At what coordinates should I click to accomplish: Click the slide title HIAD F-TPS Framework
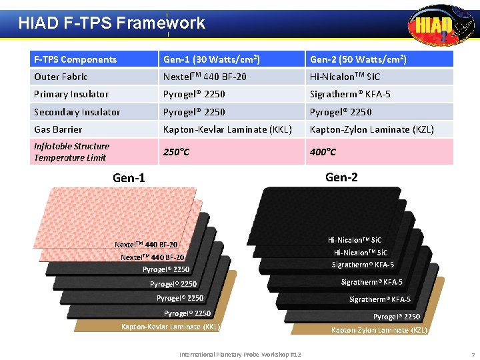click(x=111, y=23)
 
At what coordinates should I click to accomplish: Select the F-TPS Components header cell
click(x=75, y=59)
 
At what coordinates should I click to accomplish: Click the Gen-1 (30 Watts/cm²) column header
click(x=212, y=59)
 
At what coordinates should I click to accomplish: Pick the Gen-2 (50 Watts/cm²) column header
click(x=358, y=59)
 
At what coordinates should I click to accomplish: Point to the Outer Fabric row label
click(x=61, y=77)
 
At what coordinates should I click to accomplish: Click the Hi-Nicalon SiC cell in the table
click(x=345, y=77)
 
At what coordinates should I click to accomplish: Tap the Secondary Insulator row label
click(x=77, y=112)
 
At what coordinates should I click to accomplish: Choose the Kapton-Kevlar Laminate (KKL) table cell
click(x=227, y=129)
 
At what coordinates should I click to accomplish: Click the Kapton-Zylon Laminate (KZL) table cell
click(x=371, y=129)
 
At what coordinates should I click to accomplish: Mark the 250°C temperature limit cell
click(x=177, y=152)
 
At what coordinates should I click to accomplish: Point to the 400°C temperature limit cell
click(x=323, y=152)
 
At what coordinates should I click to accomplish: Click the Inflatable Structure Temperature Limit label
click(x=71, y=152)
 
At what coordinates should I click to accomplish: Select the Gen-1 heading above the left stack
click(x=129, y=177)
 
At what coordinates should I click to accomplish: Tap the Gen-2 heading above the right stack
click(x=341, y=177)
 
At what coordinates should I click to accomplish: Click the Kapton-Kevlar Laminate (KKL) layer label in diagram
click(x=170, y=327)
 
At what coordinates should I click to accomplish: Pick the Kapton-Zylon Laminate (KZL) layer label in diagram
click(x=379, y=330)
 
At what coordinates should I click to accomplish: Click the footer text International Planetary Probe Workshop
click(x=240, y=354)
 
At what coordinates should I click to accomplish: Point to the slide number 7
click(x=472, y=354)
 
